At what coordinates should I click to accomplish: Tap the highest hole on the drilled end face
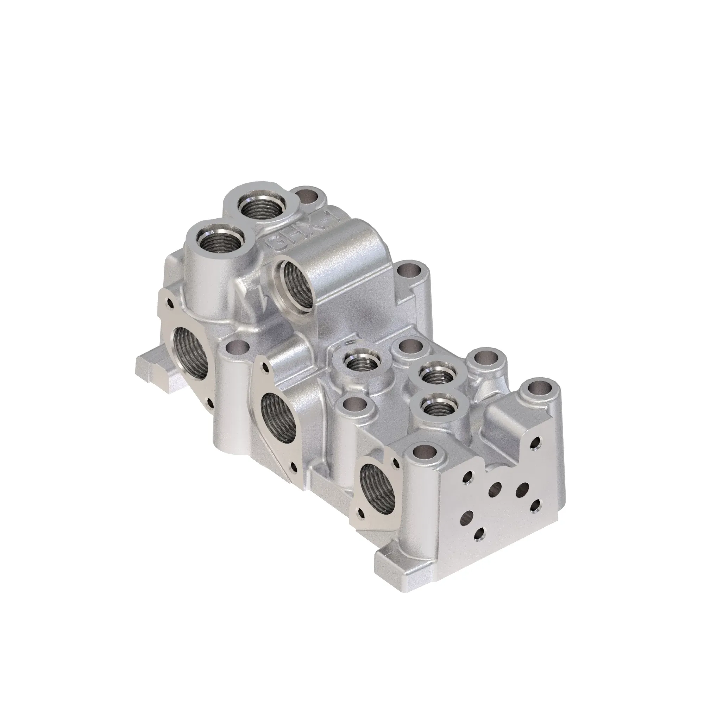535,443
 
